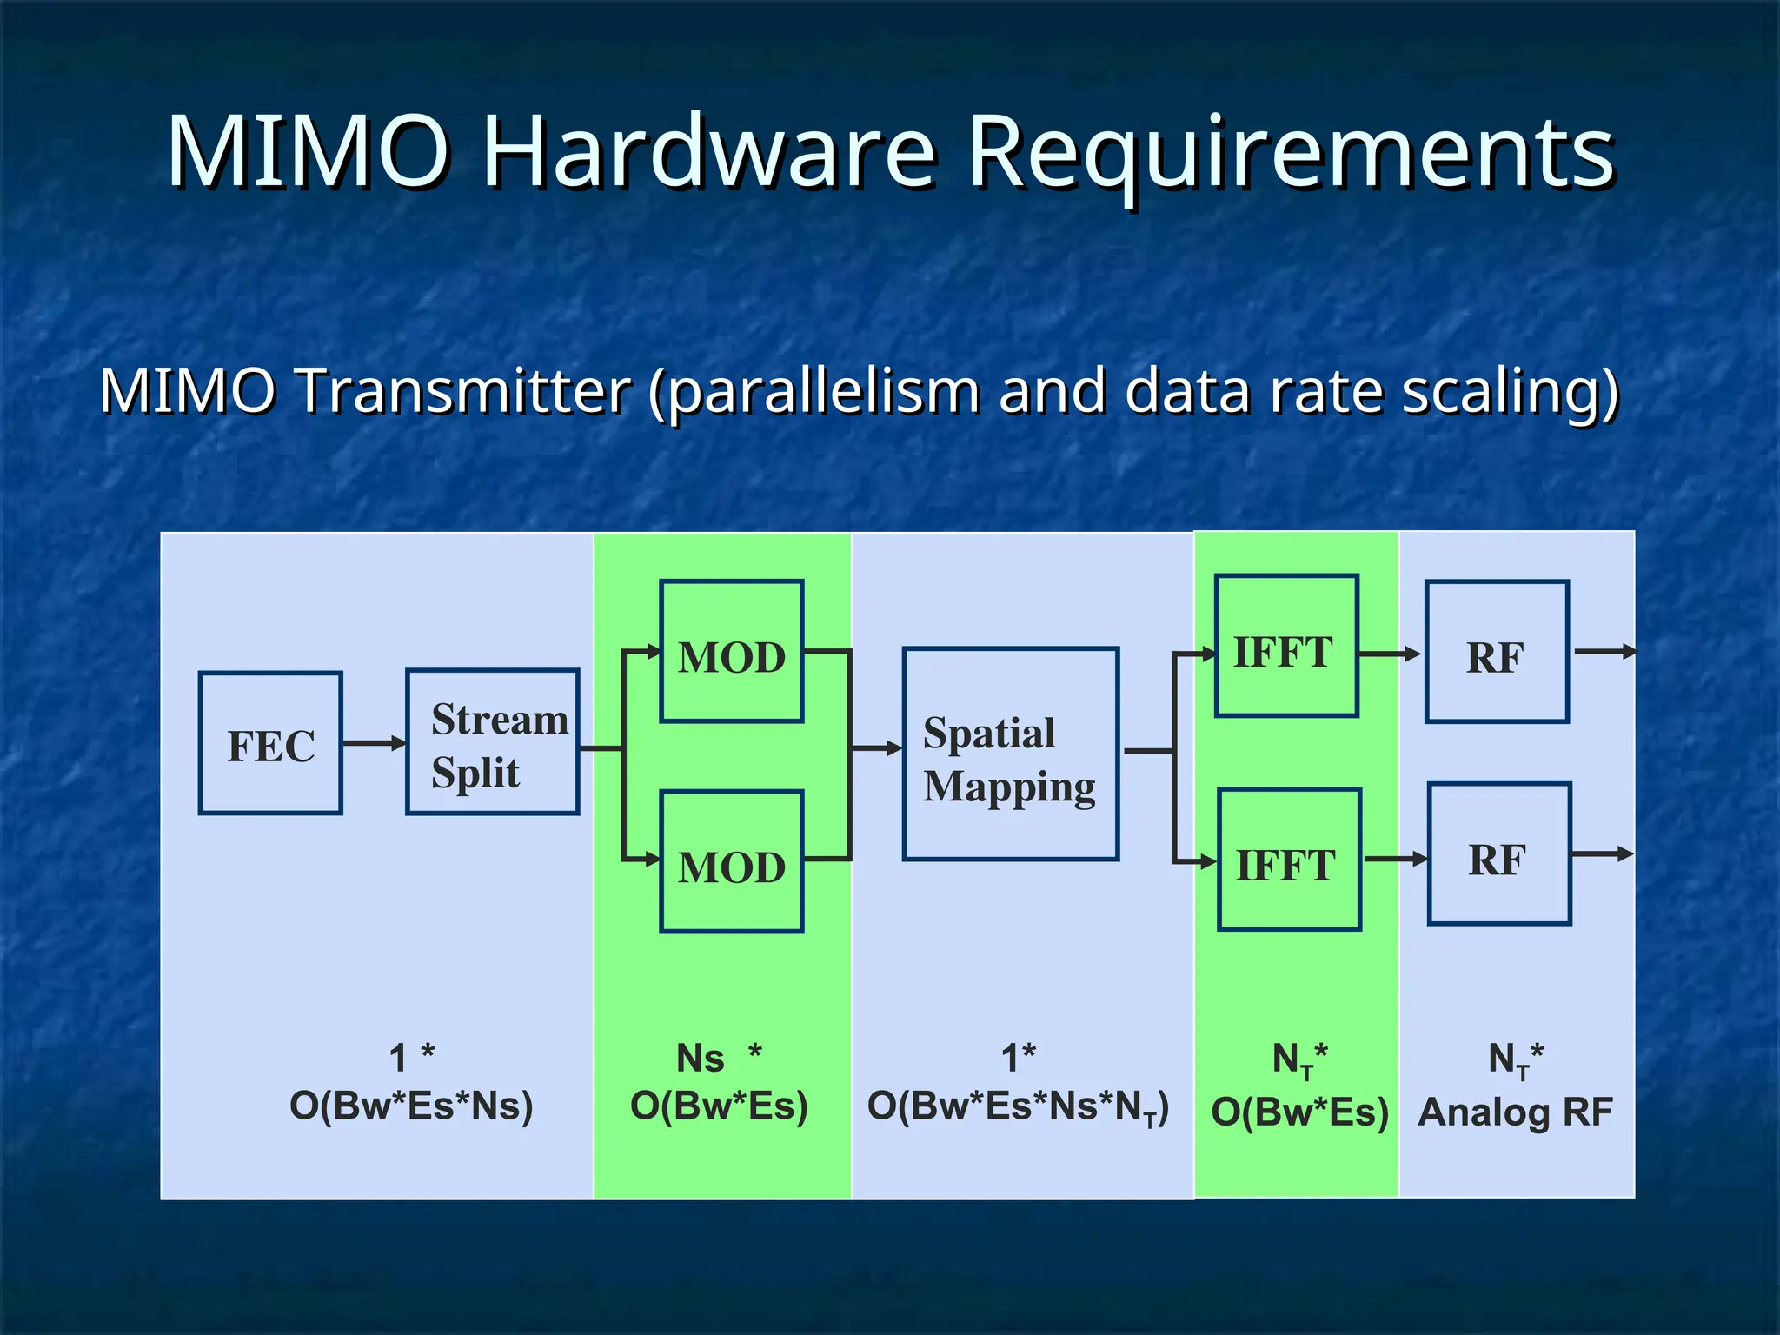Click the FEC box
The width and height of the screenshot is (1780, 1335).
(270, 744)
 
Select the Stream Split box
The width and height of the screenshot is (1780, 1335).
(493, 742)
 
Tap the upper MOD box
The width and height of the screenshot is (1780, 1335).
(731, 652)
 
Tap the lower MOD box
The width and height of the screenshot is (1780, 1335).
(731, 862)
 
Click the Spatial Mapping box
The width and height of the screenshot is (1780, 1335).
(1010, 754)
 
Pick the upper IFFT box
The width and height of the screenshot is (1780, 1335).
(1286, 647)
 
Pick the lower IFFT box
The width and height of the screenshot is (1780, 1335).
(1289, 860)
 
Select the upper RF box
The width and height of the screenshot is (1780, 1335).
(1497, 652)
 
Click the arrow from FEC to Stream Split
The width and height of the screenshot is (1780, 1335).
(374, 743)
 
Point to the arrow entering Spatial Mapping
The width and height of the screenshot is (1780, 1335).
(876, 748)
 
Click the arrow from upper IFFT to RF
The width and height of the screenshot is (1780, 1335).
(1389, 654)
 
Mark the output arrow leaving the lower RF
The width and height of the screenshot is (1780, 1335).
(1603, 854)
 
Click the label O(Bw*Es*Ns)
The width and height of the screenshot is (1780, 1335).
(411, 1106)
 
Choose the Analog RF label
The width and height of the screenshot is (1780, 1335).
(1515, 1112)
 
